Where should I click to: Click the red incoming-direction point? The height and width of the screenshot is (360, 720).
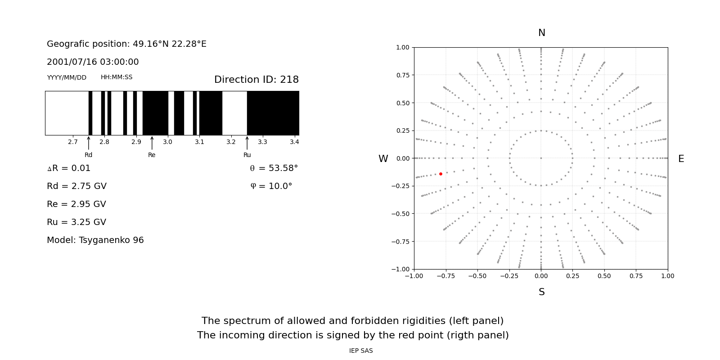[x=441, y=174]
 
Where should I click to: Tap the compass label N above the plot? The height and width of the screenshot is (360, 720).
[x=541, y=33]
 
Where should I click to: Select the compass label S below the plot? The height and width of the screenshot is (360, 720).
[x=541, y=292]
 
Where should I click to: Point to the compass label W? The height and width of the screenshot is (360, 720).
[x=383, y=159]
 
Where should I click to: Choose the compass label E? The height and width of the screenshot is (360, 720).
[x=681, y=159]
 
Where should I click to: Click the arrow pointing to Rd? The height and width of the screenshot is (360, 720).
[x=89, y=143]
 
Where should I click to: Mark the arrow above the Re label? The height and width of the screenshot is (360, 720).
[x=152, y=143]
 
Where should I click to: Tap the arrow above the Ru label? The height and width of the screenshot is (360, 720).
[x=247, y=143]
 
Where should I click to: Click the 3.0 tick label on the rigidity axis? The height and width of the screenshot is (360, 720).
[x=168, y=142]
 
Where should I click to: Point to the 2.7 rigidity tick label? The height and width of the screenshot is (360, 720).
[x=73, y=142]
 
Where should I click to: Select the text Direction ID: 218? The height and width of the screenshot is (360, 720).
[x=256, y=80]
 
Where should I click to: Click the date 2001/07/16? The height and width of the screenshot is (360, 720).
[x=68, y=62]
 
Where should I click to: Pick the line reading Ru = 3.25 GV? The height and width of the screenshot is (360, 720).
[x=76, y=222]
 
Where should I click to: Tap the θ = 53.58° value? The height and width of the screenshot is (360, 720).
[x=274, y=168]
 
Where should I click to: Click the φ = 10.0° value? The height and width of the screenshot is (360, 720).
[x=271, y=186]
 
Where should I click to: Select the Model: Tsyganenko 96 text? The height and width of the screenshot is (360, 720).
[x=95, y=240]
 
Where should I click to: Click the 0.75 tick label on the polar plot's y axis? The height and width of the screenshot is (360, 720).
[x=402, y=75]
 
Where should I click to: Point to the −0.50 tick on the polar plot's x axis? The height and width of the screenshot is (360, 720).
[x=477, y=276]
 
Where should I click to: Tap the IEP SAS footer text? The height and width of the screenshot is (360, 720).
[x=361, y=351]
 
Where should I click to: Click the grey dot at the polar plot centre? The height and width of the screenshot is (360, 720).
[x=541, y=158]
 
